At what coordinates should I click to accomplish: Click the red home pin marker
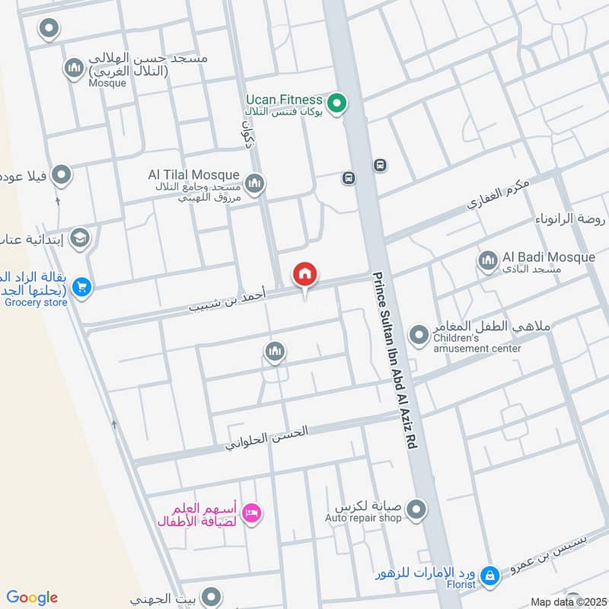click(305, 275)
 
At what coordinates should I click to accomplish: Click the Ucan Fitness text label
click(284, 100)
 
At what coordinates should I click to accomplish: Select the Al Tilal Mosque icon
click(254, 183)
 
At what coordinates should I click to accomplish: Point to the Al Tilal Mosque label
click(193, 175)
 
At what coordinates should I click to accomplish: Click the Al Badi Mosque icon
click(488, 262)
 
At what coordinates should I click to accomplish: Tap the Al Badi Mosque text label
click(548, 257)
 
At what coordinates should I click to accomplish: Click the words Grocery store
click(36, 302)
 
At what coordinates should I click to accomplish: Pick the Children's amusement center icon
click(419, 335)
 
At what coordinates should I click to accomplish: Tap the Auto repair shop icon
click(416, 508)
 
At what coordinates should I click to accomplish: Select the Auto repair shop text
click(363, 518)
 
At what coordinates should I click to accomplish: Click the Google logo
click(31, 598)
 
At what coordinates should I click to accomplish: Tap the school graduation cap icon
click(79, 239)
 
